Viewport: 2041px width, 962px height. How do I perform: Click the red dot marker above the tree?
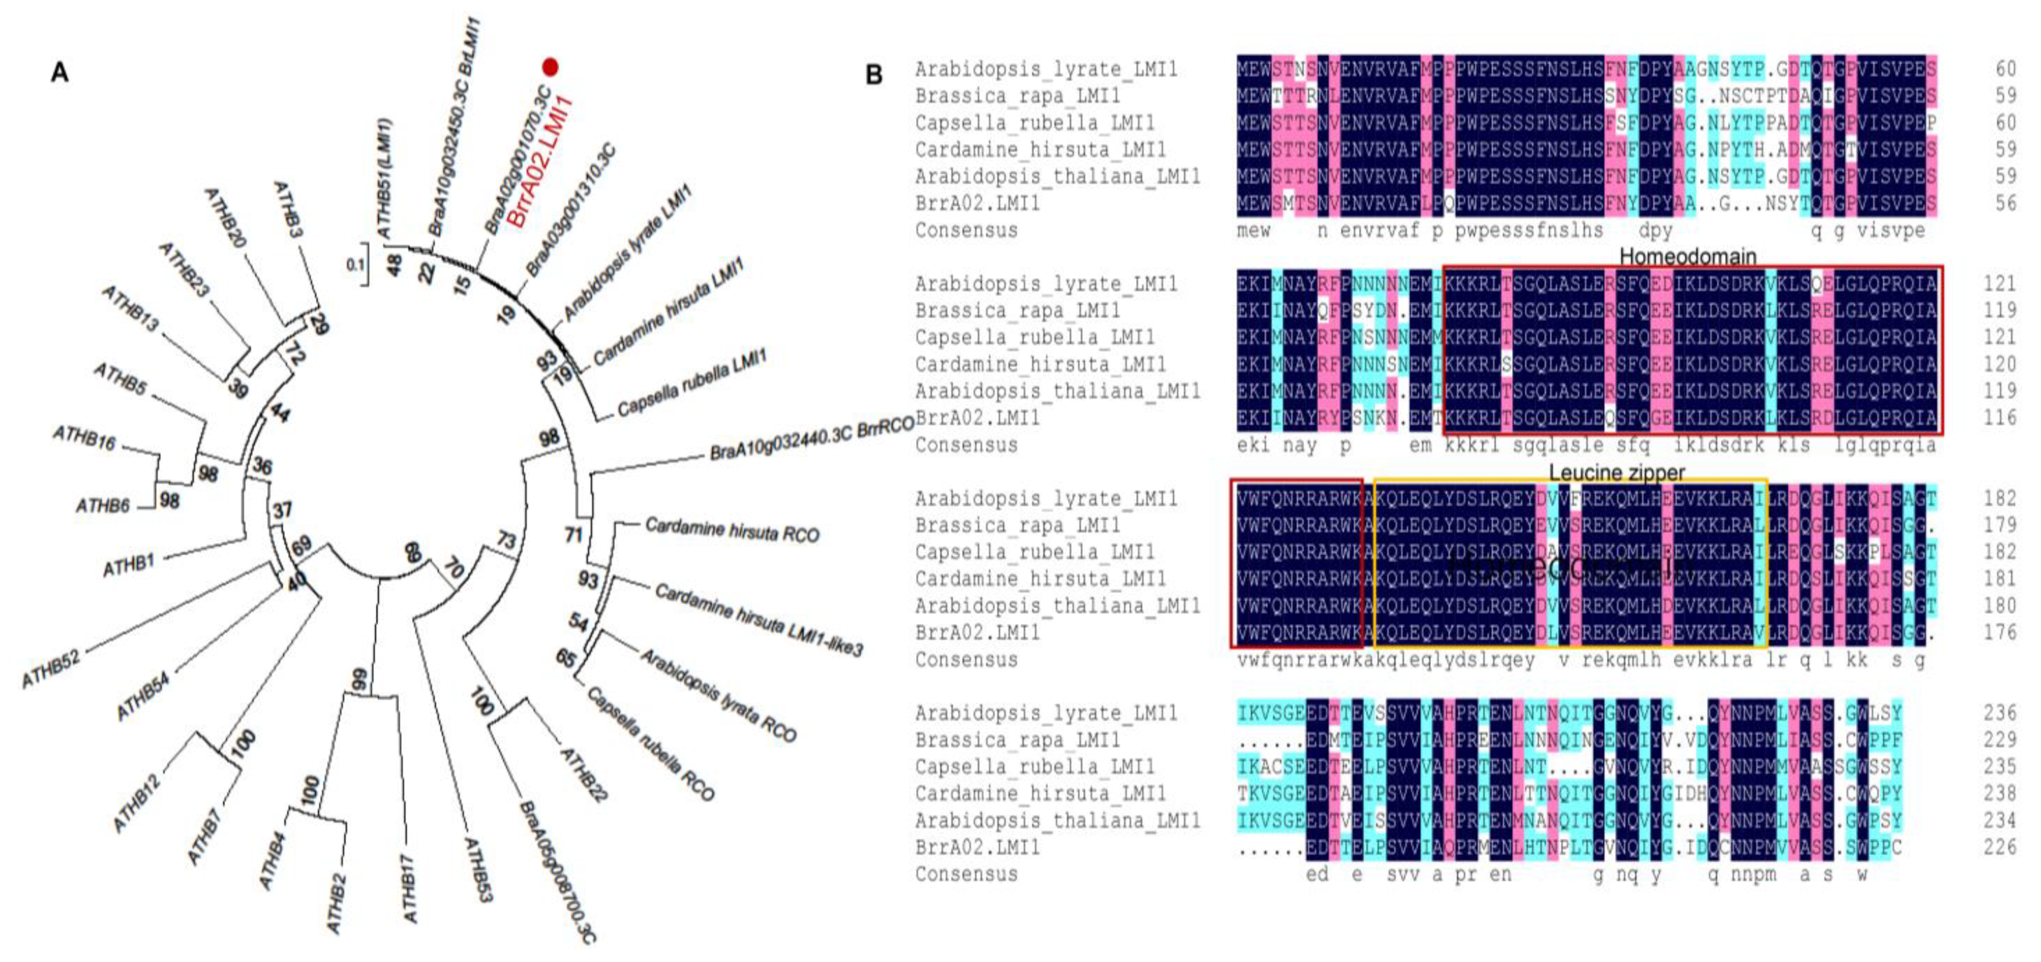coord(550,67)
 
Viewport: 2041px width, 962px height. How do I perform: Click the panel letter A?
coord(59,73)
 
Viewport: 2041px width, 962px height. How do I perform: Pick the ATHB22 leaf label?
coord(583,775)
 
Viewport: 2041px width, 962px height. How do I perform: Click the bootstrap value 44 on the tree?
coord(280,412)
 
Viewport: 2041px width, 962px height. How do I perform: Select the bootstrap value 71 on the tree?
coord(574,535)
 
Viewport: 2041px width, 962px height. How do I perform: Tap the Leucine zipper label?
coord(1616,472)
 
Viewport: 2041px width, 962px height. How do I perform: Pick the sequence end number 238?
coord(1999,793)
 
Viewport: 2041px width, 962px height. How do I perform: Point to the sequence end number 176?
coord(1999,632)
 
